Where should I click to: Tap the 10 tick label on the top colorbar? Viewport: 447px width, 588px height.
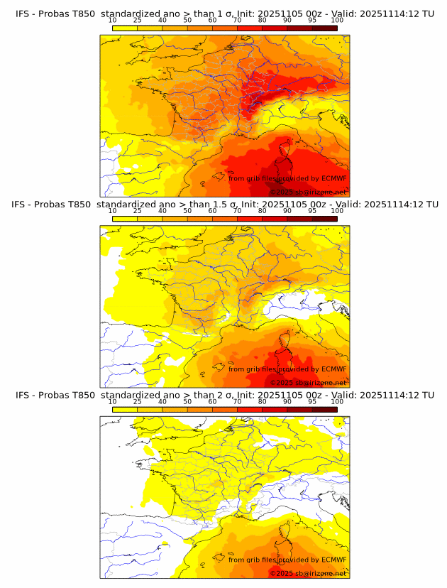tap(112, 21)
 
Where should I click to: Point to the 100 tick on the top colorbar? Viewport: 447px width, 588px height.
tap(337, 21)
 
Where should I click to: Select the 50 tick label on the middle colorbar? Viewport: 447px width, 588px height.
tap(187, 211)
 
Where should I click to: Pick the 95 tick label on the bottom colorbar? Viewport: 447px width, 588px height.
tap(312, 401)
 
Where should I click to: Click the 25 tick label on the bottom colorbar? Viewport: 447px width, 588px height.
tap(137, 401)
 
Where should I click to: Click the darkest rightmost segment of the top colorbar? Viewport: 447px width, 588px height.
tap(324, 28)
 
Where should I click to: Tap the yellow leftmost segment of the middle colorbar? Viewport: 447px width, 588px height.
tap(124, 219)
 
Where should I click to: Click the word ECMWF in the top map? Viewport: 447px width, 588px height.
tap(333, 179)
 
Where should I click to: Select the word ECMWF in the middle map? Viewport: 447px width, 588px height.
tap(333, 369)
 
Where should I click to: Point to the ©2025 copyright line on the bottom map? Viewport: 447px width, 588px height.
tap(308, 573)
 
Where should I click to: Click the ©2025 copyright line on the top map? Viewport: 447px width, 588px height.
tap(308, 192)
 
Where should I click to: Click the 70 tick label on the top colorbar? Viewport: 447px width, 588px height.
tap(237, 21)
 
